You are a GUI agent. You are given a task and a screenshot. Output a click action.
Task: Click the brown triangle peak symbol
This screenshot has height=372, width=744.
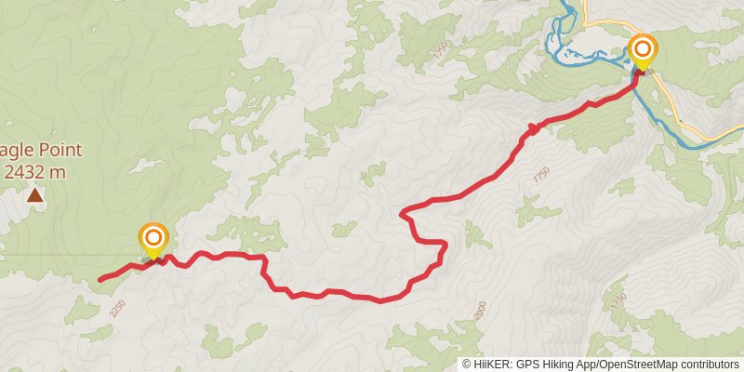click(34, 194)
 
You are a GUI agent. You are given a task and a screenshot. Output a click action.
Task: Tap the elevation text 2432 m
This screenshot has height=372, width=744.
click(35, 171)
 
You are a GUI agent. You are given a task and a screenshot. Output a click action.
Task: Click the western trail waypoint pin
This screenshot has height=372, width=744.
click(153, 239)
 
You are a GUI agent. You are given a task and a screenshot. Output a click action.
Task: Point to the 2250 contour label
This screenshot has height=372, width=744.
click(116, 308)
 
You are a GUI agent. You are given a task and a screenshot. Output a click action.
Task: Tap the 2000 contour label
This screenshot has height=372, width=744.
click(479, 310)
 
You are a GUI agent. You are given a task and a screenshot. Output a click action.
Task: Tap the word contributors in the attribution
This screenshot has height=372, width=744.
click(711, 364)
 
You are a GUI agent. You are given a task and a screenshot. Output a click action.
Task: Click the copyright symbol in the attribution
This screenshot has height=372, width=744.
click(467, 364)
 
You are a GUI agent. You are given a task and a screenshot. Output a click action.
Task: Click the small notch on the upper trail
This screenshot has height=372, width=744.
click(532, 127)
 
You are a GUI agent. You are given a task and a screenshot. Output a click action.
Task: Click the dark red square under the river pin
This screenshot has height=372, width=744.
click(638, 73)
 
